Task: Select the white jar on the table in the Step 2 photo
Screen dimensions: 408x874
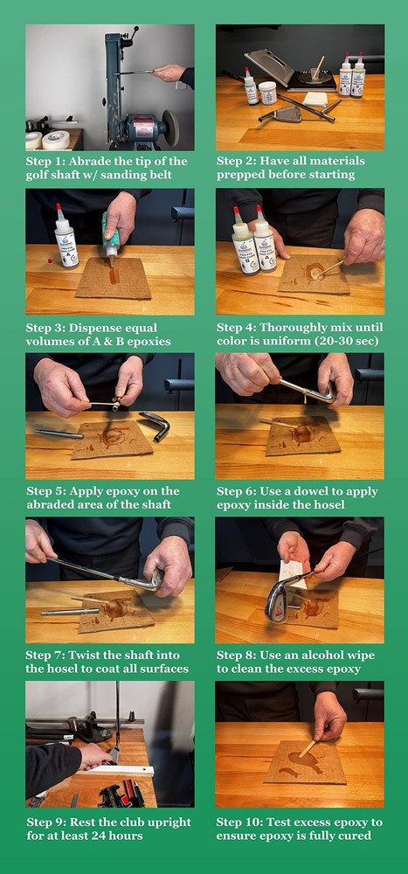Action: coord(267,93)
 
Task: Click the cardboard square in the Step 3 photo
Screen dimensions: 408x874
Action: coord(114,278)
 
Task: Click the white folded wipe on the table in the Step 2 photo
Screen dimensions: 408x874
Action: coord(315,99)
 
